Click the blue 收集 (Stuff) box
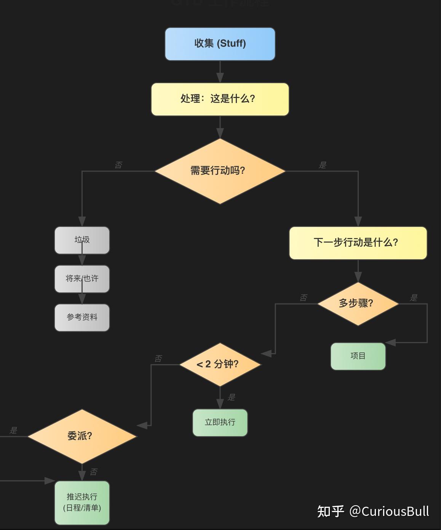(220, 44)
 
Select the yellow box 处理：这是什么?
(220, 99)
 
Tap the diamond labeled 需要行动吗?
(220, 171)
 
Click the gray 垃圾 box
(82, 240)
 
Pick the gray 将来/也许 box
(82, 279)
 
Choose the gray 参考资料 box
(82, 317)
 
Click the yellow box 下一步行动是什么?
(358, 243)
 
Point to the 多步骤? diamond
(358, 304)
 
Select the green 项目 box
(358, 356)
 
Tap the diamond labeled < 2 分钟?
(220, 364)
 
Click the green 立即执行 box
(220, 422)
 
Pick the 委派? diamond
(82, 436)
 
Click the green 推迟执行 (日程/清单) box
(82, 502)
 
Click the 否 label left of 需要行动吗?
(118, 165)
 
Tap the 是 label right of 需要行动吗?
(323, 165)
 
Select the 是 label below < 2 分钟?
(231, 397)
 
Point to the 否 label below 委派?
(93, 472)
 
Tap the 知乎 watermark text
(331, 511)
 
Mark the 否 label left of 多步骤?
(303, 298)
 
